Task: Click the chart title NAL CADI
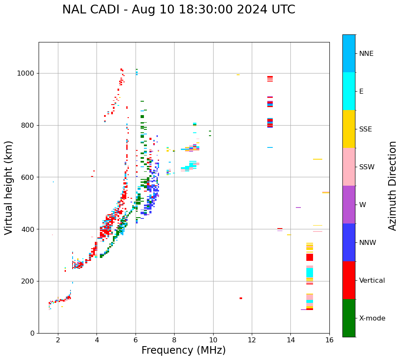point(178,10)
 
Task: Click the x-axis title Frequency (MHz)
point(183,350)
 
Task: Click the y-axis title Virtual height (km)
point(9,188)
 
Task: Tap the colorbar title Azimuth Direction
point(392,186)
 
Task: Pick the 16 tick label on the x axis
point(329,340)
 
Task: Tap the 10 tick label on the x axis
point(213,340)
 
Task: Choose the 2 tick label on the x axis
point(58,340)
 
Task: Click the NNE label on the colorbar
point(366,54)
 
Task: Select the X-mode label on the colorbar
point(372,318)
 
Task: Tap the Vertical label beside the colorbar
point(372,281)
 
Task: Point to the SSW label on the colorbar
point(367,167)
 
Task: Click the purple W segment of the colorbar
point(349,205)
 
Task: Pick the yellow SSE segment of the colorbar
point(349,129)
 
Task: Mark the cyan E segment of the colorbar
point(349,91)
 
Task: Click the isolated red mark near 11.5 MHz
point(241,298)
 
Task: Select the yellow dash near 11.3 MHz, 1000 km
point(238,75)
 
